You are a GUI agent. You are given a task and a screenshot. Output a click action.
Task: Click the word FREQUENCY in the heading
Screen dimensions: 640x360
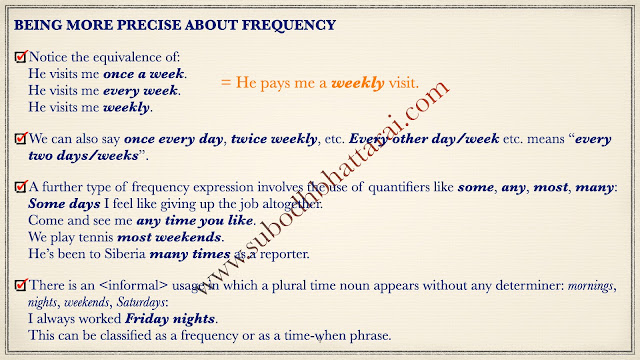point(289,25)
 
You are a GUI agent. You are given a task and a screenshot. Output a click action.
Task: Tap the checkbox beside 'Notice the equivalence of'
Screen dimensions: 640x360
point(21,57)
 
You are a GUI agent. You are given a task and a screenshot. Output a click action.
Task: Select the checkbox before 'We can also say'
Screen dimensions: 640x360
point(21,138)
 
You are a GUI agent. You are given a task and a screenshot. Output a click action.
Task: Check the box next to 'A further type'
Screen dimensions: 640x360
point(21,187)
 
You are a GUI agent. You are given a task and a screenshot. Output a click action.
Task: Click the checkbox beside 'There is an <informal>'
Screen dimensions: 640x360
point(21,285)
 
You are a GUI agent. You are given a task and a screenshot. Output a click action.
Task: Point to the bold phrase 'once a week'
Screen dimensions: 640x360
point(144,74)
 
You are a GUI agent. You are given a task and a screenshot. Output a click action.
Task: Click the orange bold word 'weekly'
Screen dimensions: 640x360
point(358,83)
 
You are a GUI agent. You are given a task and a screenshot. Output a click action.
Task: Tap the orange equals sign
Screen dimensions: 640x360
point(226,82)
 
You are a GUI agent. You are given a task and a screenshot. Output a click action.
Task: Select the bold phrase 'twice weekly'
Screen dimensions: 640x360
point(274,139)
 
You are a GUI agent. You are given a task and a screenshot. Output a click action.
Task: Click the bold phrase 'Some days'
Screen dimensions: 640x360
point(64,204)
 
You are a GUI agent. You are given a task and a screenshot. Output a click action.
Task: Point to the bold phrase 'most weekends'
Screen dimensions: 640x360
point(169,237)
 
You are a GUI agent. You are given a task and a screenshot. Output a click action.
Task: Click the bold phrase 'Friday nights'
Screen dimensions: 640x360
point(170,319)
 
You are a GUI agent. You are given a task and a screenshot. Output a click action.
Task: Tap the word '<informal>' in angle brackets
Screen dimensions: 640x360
point(133,285)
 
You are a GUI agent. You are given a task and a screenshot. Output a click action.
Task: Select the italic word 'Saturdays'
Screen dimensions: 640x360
point(141,302)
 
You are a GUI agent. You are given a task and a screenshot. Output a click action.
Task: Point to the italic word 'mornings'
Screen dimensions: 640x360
point(590,286)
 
